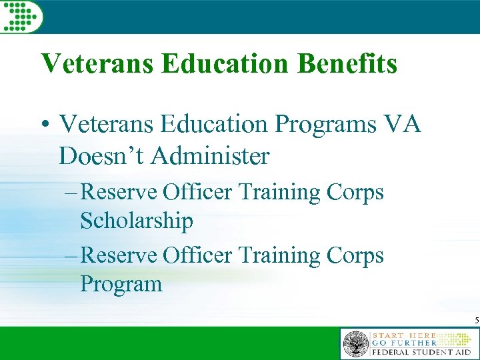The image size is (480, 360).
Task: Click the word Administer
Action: click(x=210, y=156)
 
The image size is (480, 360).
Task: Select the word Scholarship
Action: click(x=137, y=221)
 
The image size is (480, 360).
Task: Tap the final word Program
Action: click(x=121, y=284)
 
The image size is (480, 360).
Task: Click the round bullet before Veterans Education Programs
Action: click(x=46, y=125)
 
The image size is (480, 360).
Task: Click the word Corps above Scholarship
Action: click(x=355, y=192)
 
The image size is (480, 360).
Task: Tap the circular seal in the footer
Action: click(x=355, y=345)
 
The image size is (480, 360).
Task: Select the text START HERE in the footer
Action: click(x=404, y=334)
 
